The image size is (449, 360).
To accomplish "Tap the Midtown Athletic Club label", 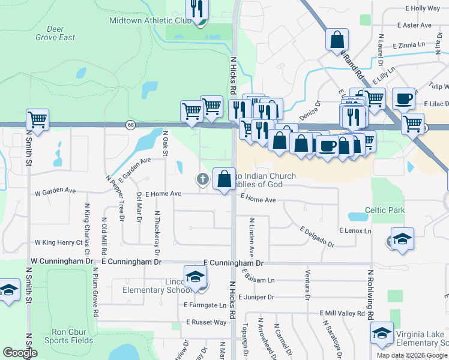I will pyautogui.click(x=149, y=20).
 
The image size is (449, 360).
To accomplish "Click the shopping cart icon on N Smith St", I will pyautogui.click(x=37, y=119).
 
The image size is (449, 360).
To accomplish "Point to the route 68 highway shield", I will pyautogui.click(x=130, y=125).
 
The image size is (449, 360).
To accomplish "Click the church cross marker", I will pyautogui.click(x=203, y=178).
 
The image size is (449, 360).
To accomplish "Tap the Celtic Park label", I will pyautogui.click(x=385, y=210).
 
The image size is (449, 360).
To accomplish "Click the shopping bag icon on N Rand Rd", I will pyautogui.click(x=337, y=40).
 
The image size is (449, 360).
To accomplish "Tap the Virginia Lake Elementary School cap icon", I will pyautogui.click(x=382, y=334).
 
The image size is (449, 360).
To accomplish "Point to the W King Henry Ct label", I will pyautogui.click(x=58, y=242).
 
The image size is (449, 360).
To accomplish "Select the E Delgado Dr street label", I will pyautogui.click(x=317, y=237).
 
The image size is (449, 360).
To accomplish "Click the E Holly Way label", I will pyautogui.click(x=423, y=8).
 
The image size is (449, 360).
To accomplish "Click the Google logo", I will pyautogui.click(x=20, y=352).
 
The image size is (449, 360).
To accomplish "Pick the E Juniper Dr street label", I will pyautogui.click(x=256, y=297).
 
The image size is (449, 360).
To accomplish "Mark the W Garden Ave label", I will pyautogui.click(x=55, y=192).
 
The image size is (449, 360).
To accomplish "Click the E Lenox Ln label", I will pyautogui.click(x=355, y=230).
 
